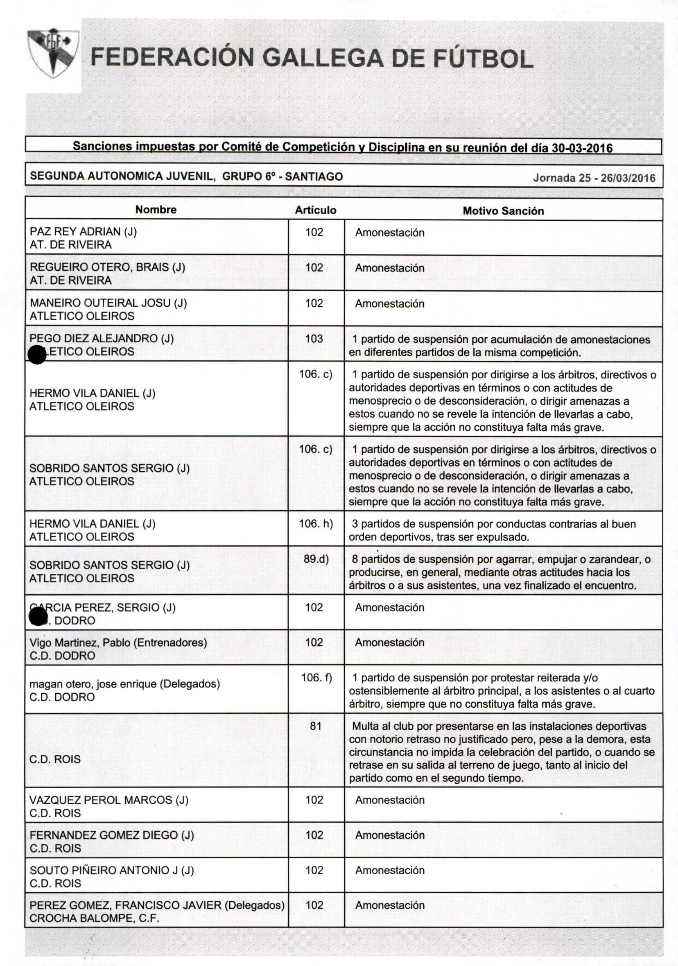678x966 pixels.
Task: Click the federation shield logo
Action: [x=52, y=52]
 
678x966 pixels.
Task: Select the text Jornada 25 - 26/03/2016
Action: [x=594, y=178]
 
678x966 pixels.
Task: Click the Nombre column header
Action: [x=156, y=210]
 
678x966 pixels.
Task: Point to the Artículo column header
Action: [x=315, y=210]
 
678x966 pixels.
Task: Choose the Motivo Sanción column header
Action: [x=503, y=211]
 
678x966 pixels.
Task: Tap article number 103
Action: [x=314, y=339]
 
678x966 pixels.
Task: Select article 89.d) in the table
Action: [x=316, y=559]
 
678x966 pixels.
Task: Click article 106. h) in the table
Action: [x=315, y=523]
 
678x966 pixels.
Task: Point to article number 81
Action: [x=315, y=726]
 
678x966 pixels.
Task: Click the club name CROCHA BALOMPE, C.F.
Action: [x=94, y=918]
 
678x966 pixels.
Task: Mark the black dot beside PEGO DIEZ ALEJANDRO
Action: [x=37, y=354]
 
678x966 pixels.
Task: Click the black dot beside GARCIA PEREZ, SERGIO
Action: [x=38, y=617]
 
